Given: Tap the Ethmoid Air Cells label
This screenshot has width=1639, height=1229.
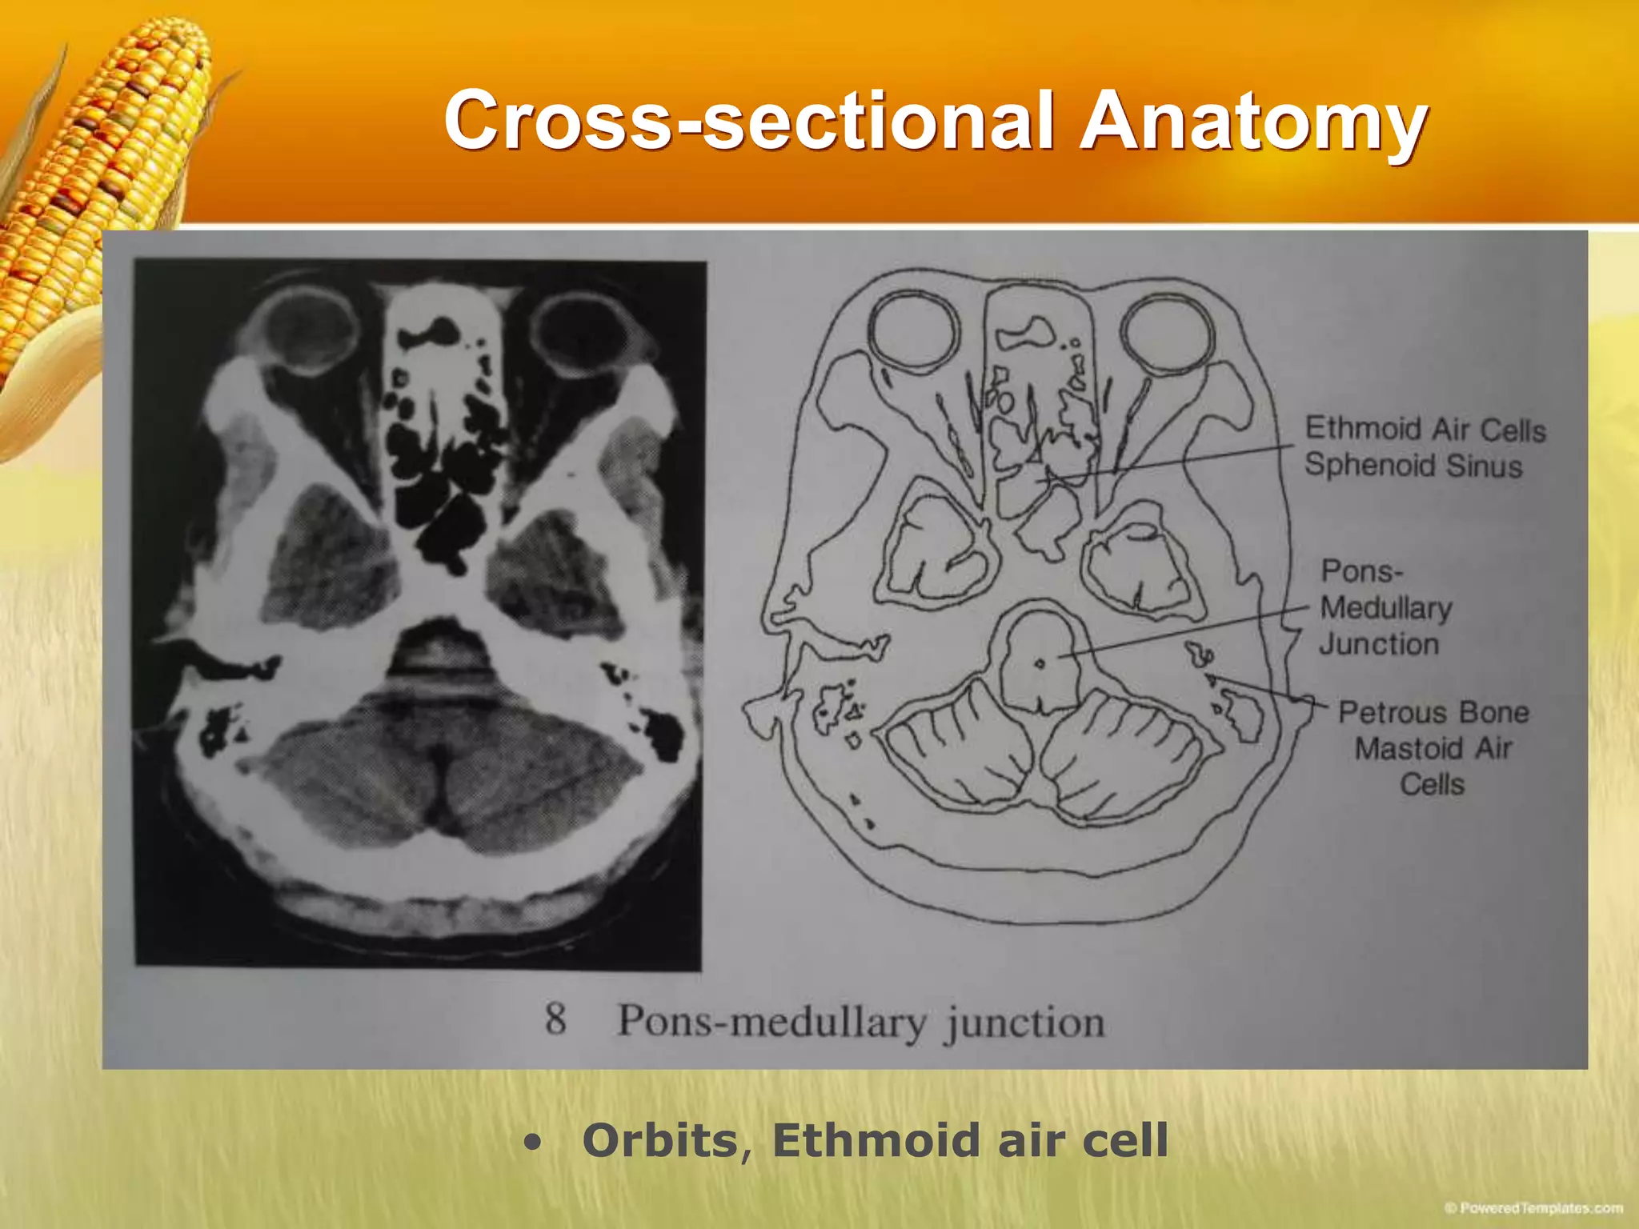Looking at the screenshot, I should (x=1425, y=430).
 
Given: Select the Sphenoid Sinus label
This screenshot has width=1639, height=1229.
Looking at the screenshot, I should (x=1413, y=466).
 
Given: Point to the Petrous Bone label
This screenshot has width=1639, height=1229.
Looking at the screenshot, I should (x=1433, y=712).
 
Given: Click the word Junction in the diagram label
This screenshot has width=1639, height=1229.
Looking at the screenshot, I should (x=1378, y=644).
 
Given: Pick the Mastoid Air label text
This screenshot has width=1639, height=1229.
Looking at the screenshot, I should (x=1433, y=749).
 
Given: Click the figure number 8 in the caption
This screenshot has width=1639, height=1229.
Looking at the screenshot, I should (x=555, y=1019).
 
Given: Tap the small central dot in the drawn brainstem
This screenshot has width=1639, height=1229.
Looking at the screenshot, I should (x=1040, y=663).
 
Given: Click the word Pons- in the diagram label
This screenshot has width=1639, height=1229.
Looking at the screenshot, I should (x=1361, y=571).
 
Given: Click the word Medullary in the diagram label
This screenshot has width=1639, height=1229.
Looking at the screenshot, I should (x=1385, y=608).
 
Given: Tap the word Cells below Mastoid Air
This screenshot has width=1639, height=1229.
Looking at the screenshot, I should (x=1432, y=784).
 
